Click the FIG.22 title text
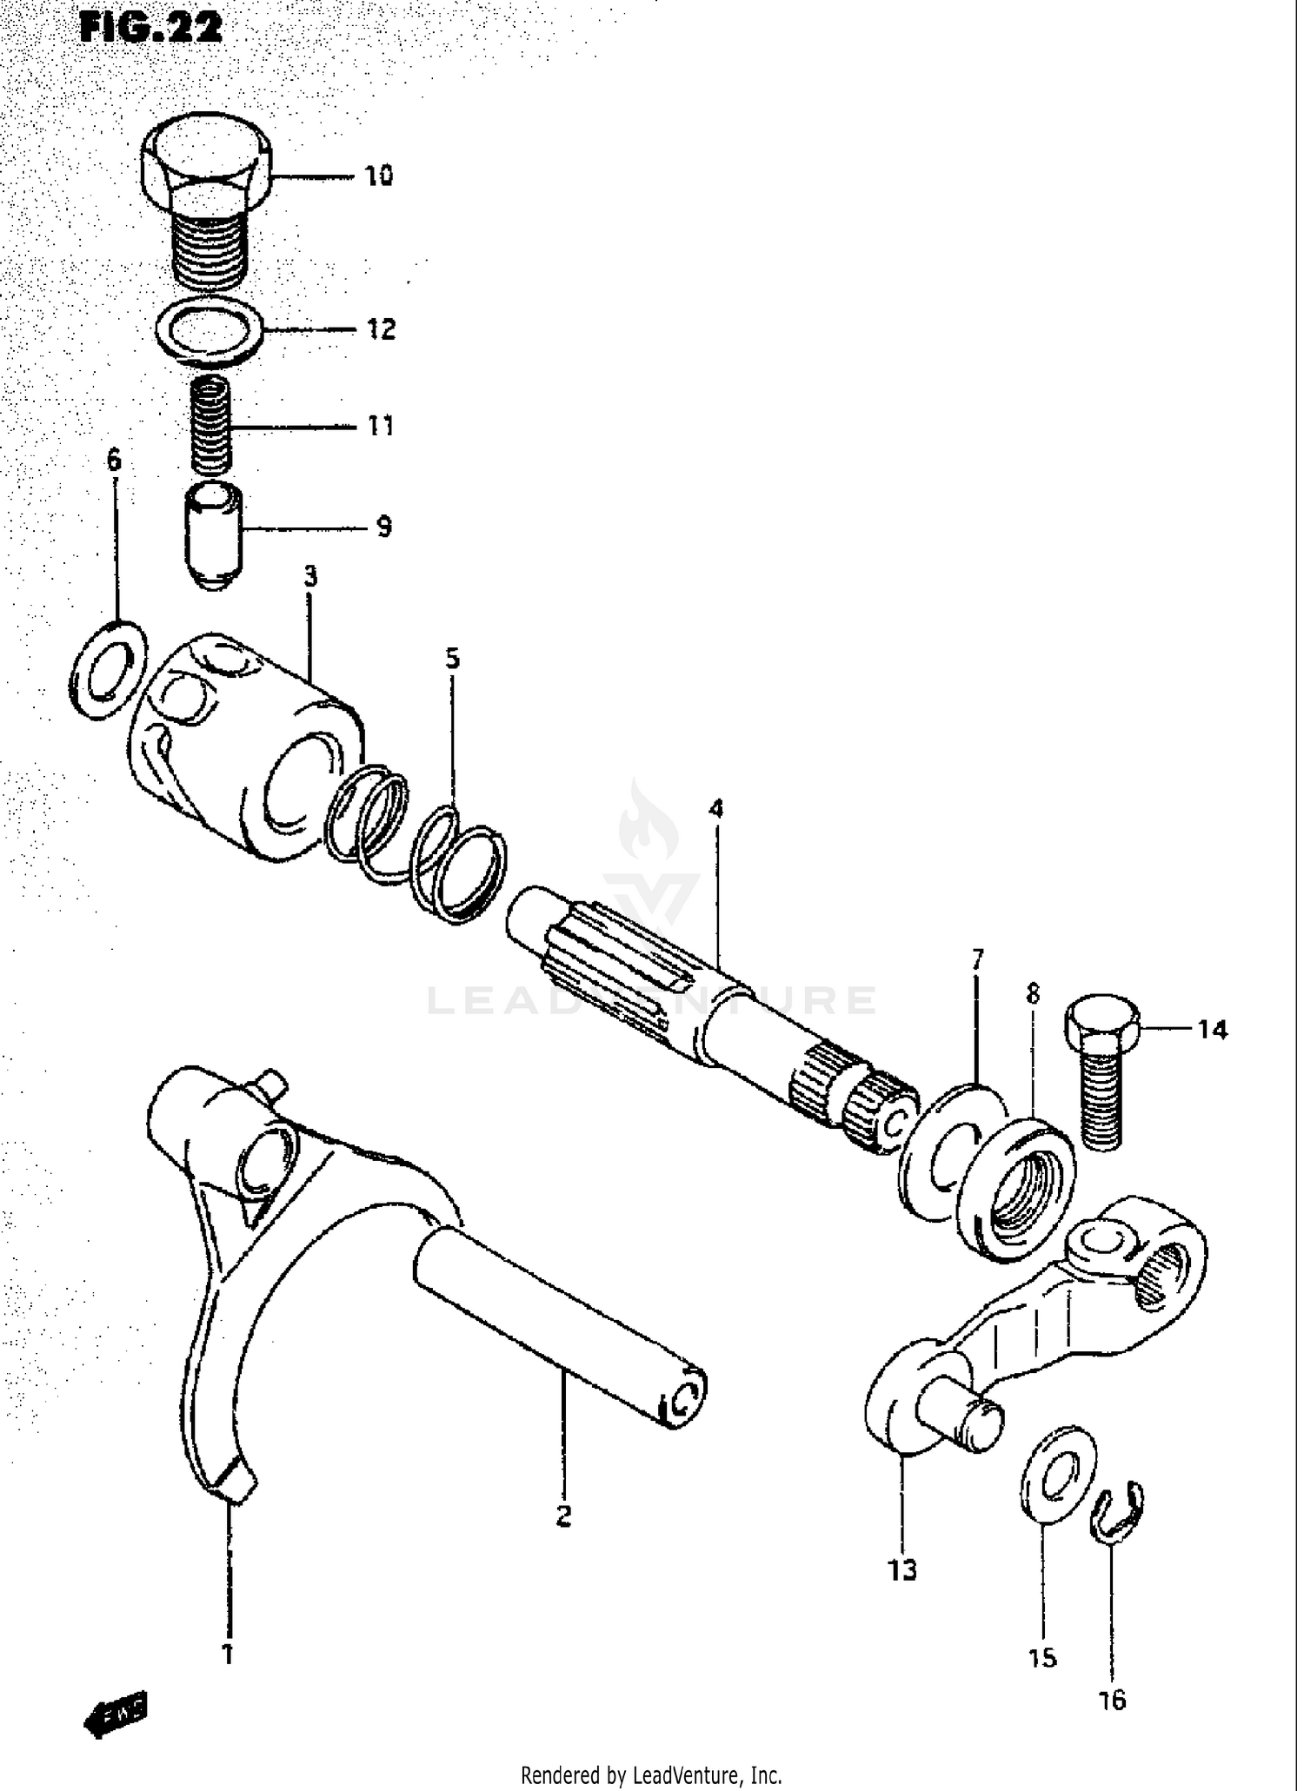(x=150, y=28)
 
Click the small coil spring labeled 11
(x=211, y=423)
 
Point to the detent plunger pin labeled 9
(x=213, y=534)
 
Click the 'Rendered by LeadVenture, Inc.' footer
(x=651, y=1774)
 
